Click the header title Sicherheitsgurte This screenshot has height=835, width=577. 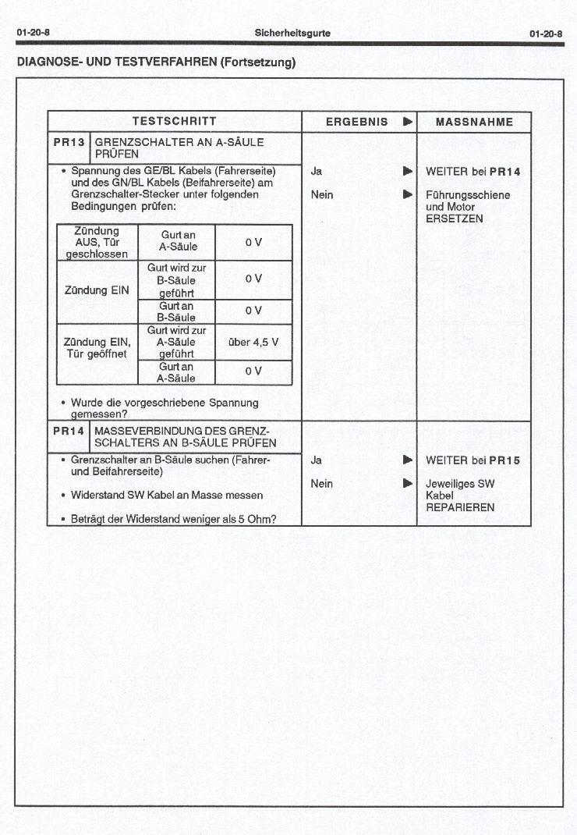click(x=292, y=33)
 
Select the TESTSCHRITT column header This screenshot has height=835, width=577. click(x=174, y=122)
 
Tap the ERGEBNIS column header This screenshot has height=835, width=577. click(x=356, y=122)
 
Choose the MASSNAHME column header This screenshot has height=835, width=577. click(x=474, y=122)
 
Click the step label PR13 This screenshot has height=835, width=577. click(x=69, y=143)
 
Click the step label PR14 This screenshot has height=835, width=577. click(x=69, y=431)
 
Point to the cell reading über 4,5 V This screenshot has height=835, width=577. click(x=253, y=342)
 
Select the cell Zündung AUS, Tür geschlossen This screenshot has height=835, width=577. click(x=97, y=242)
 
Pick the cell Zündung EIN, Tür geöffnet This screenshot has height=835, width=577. click(x=97, y=348)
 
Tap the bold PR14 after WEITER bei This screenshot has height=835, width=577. click(x=505, y=172)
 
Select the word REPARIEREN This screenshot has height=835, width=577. click(x=460, y=507)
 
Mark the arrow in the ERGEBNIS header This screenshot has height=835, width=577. click(x=407, y=122)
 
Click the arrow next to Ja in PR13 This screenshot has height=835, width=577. click(x=407, y=171)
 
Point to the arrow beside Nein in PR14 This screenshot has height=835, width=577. click(x=407, y=484)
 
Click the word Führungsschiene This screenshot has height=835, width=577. click(x=468, y=194)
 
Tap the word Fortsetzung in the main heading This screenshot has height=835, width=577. click(x=257, y=62)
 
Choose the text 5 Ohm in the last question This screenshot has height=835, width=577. click(x=254, y=519)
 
